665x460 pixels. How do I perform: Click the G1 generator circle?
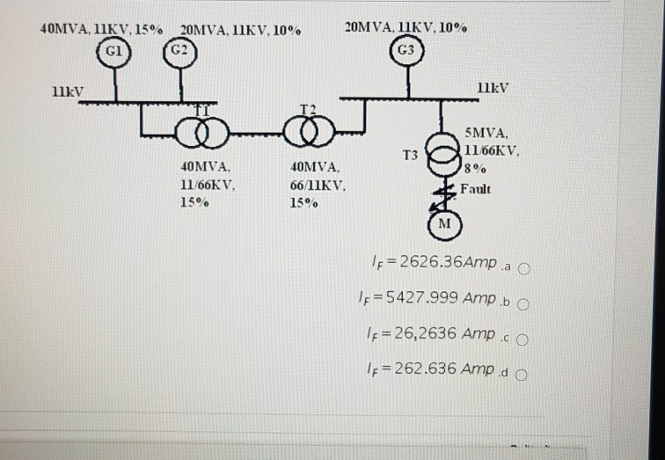coord(114,50)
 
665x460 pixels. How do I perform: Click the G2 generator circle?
coord(179,50)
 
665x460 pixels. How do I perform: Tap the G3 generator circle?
coord(406,50)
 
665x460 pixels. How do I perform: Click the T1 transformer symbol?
coord(199,133)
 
